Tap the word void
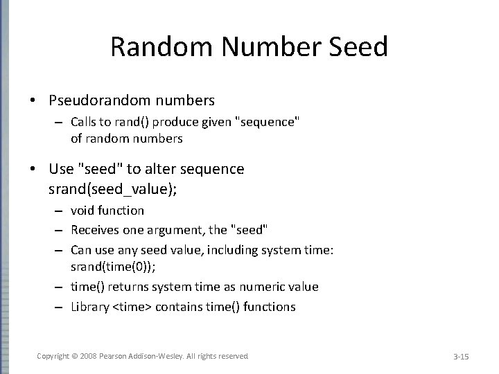point(83,210)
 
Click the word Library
point(90,306)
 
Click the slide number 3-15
point(461,356)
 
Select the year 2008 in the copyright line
point(87,356)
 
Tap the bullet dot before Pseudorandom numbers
point(33,100)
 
